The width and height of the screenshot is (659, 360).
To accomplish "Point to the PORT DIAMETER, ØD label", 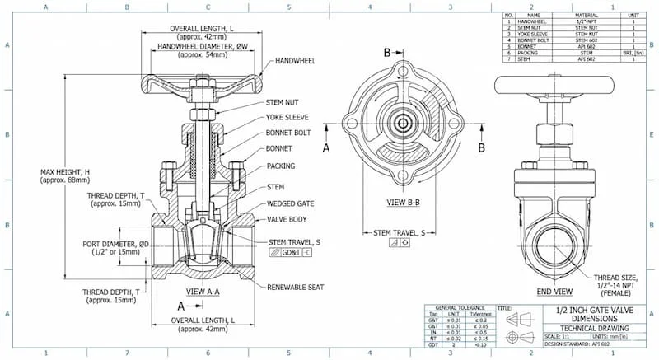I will [x=116, y=245].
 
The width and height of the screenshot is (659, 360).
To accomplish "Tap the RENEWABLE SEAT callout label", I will [x=295, y=287].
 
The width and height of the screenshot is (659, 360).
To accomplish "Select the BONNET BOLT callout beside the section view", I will [x=289, y=132].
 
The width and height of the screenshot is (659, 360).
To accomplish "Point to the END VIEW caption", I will [x=554, y=292].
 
